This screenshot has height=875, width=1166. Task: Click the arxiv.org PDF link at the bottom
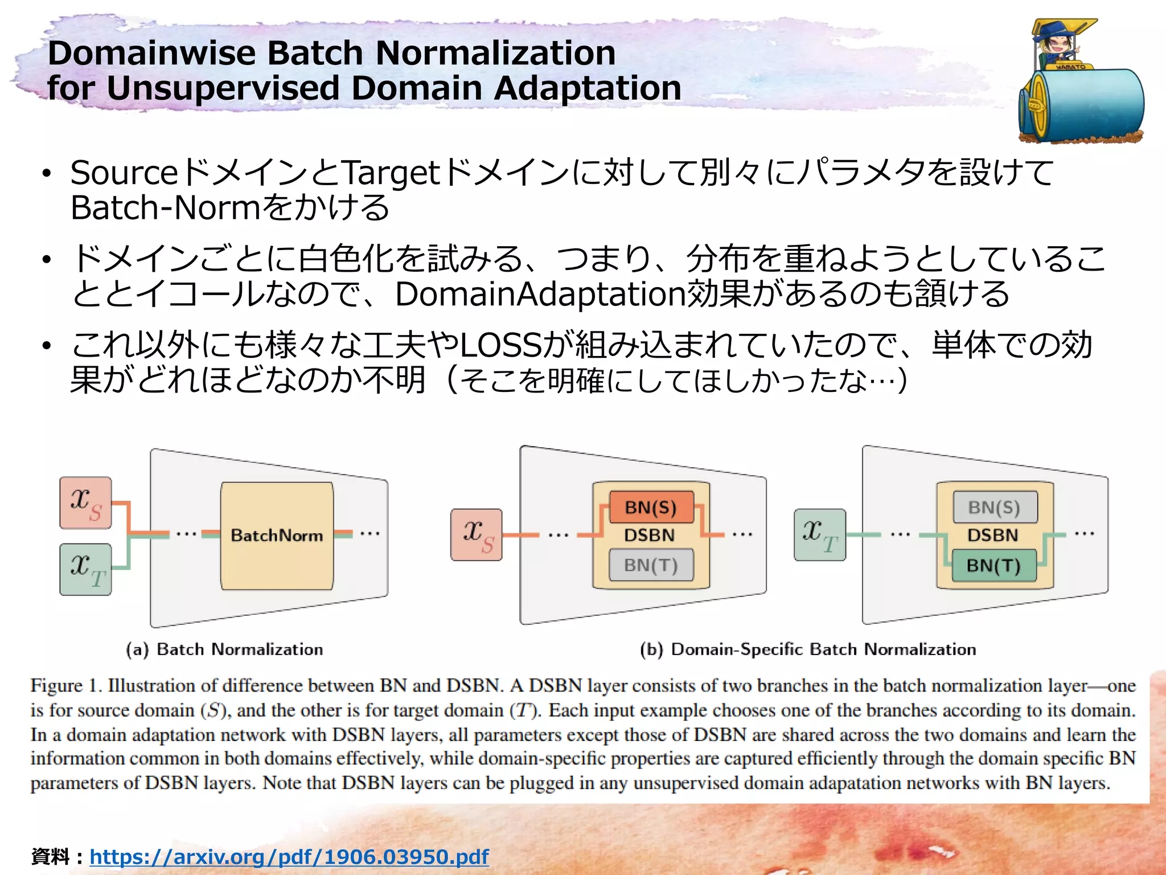[x=289, y=856]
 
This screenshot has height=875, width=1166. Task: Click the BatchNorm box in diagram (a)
[x=277, y=535]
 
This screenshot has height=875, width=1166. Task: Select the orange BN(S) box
[x=651, y=507]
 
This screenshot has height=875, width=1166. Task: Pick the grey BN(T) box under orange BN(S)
[x=651, y=565]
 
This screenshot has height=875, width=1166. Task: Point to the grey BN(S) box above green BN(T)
[x=994, y=507]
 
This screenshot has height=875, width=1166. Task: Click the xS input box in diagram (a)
[x=85, y=503]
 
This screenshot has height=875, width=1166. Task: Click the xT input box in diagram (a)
[x=85, y=569]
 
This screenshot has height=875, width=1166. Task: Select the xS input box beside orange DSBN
[x=476, y=534]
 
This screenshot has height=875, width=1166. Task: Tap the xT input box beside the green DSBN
[x=819, y=534]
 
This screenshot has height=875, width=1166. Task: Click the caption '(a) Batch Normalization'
[x=224, y=649]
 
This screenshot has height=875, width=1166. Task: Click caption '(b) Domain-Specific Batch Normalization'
[x=807, y=649]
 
